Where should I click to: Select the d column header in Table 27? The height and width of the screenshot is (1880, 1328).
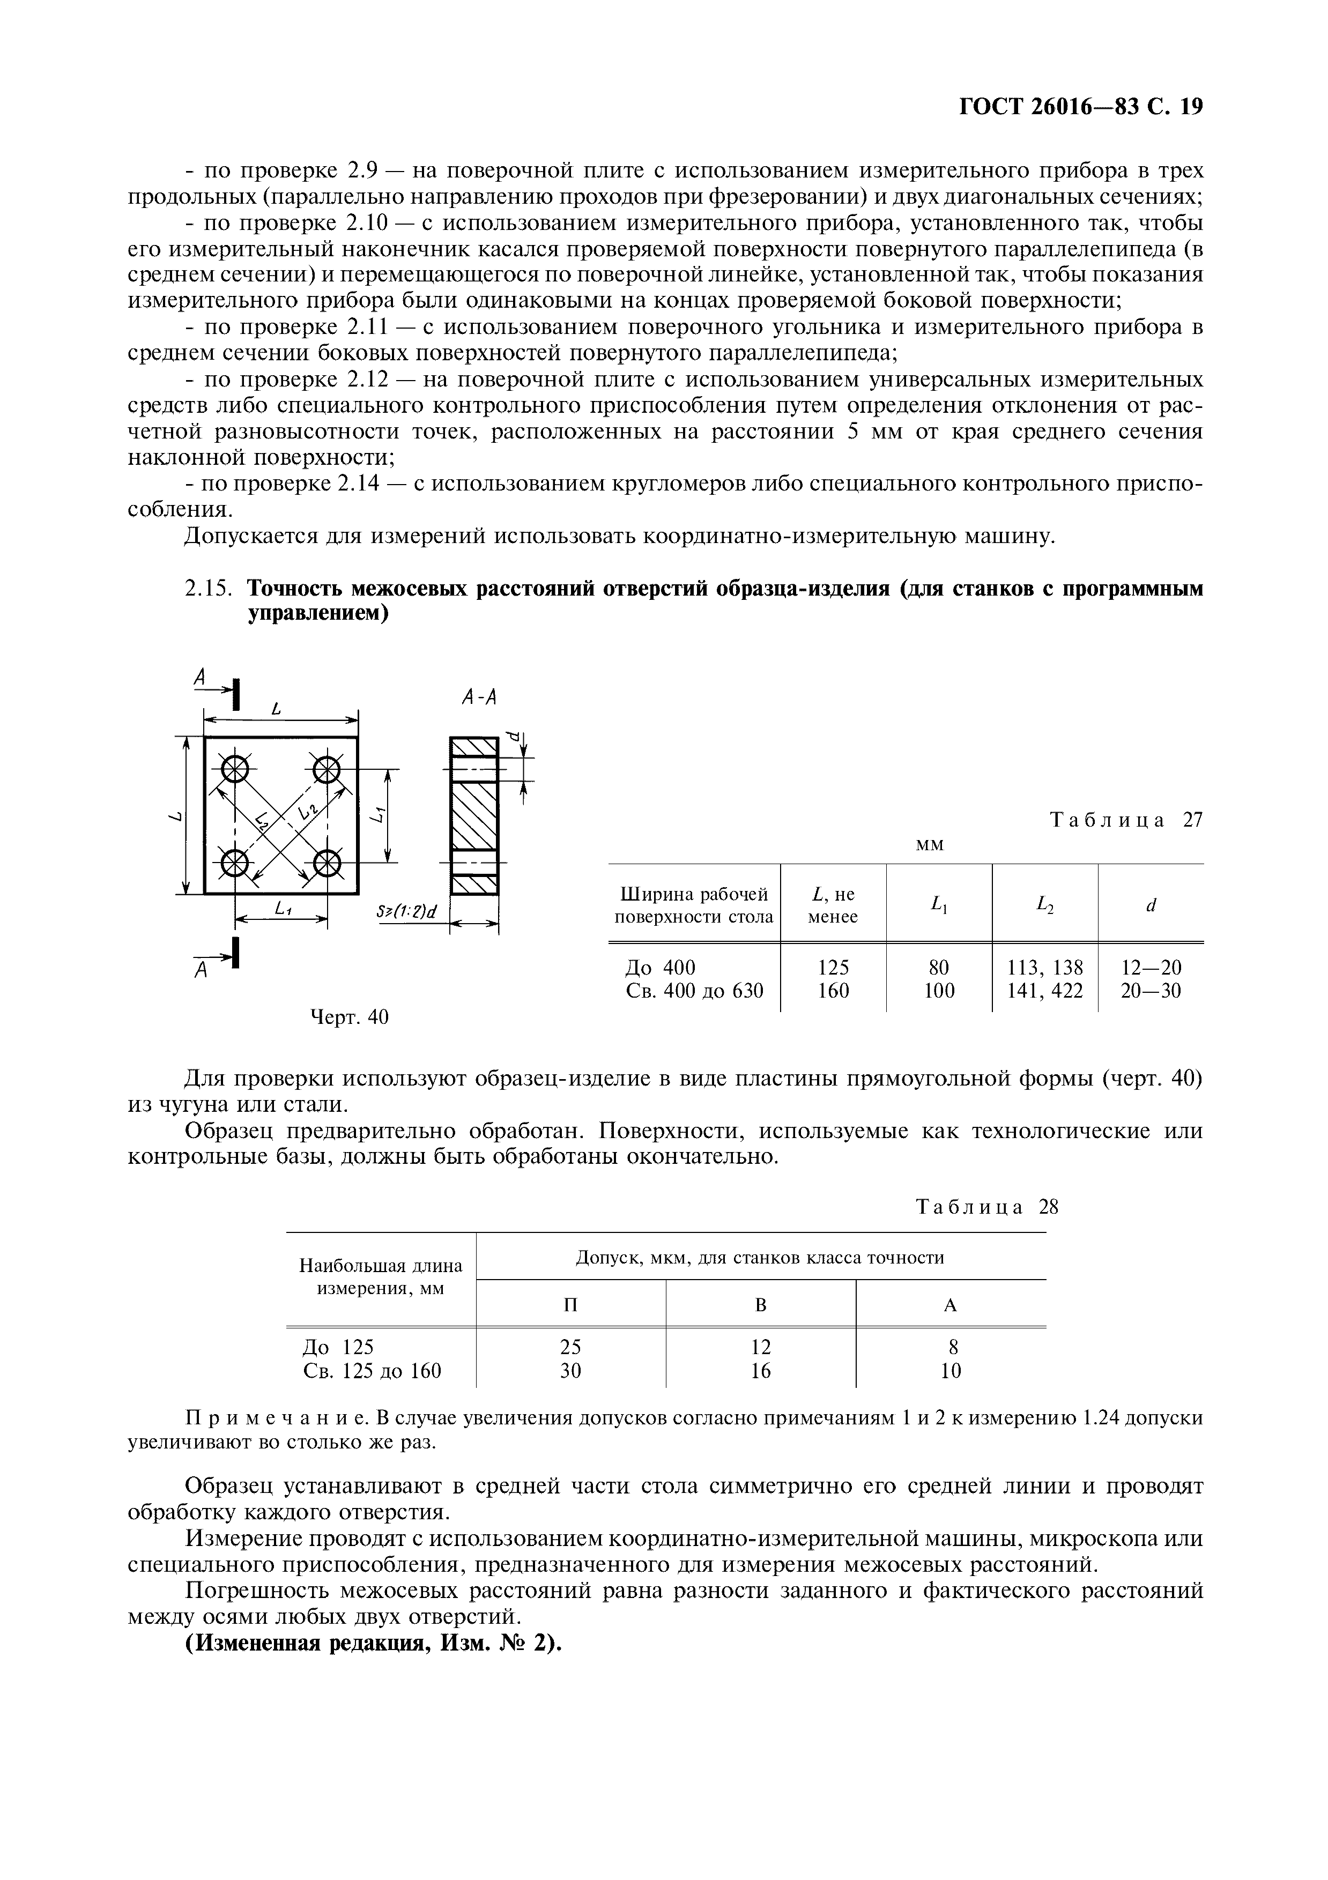[x=1151, y=905]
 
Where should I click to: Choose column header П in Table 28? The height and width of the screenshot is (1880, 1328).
[x=570, y=1305]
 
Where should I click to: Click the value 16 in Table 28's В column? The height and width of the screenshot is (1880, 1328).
[x=761, y=1371]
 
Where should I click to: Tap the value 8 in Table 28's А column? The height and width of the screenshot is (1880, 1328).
[x=952, y=1347]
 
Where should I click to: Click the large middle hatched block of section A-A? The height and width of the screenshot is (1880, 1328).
[x=474, y=816]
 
